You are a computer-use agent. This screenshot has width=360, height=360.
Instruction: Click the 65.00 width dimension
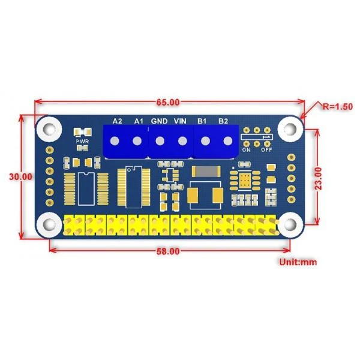[168, 102]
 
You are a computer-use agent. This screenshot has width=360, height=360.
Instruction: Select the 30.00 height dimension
[20, 176]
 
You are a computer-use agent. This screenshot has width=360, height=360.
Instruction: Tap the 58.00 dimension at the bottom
[168, 251]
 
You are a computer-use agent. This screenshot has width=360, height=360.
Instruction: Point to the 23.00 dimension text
[318, 178]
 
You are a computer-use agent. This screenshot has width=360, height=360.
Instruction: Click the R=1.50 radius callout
[337, 107]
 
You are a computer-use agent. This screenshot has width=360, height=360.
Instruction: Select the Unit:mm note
[298, 262]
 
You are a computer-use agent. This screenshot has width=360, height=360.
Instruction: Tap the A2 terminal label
[118, 121]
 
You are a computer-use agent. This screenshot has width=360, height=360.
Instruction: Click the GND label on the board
[159, 121]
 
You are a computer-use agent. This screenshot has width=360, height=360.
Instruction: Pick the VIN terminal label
[180, 121]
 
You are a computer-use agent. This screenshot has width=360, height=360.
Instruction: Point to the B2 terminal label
[223, 121]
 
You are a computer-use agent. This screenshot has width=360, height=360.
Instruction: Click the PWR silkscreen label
[82, 142]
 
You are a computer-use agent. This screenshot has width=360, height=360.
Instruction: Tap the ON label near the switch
[247, 149]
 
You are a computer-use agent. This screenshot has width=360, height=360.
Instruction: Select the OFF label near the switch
[266, 149]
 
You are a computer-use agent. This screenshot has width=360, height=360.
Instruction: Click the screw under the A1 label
[137, 141]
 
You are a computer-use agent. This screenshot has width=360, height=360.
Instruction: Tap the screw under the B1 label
[205, 141]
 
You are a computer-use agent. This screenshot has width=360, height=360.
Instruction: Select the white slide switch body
[257, 137]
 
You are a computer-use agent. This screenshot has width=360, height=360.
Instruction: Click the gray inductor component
[206, 172]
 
